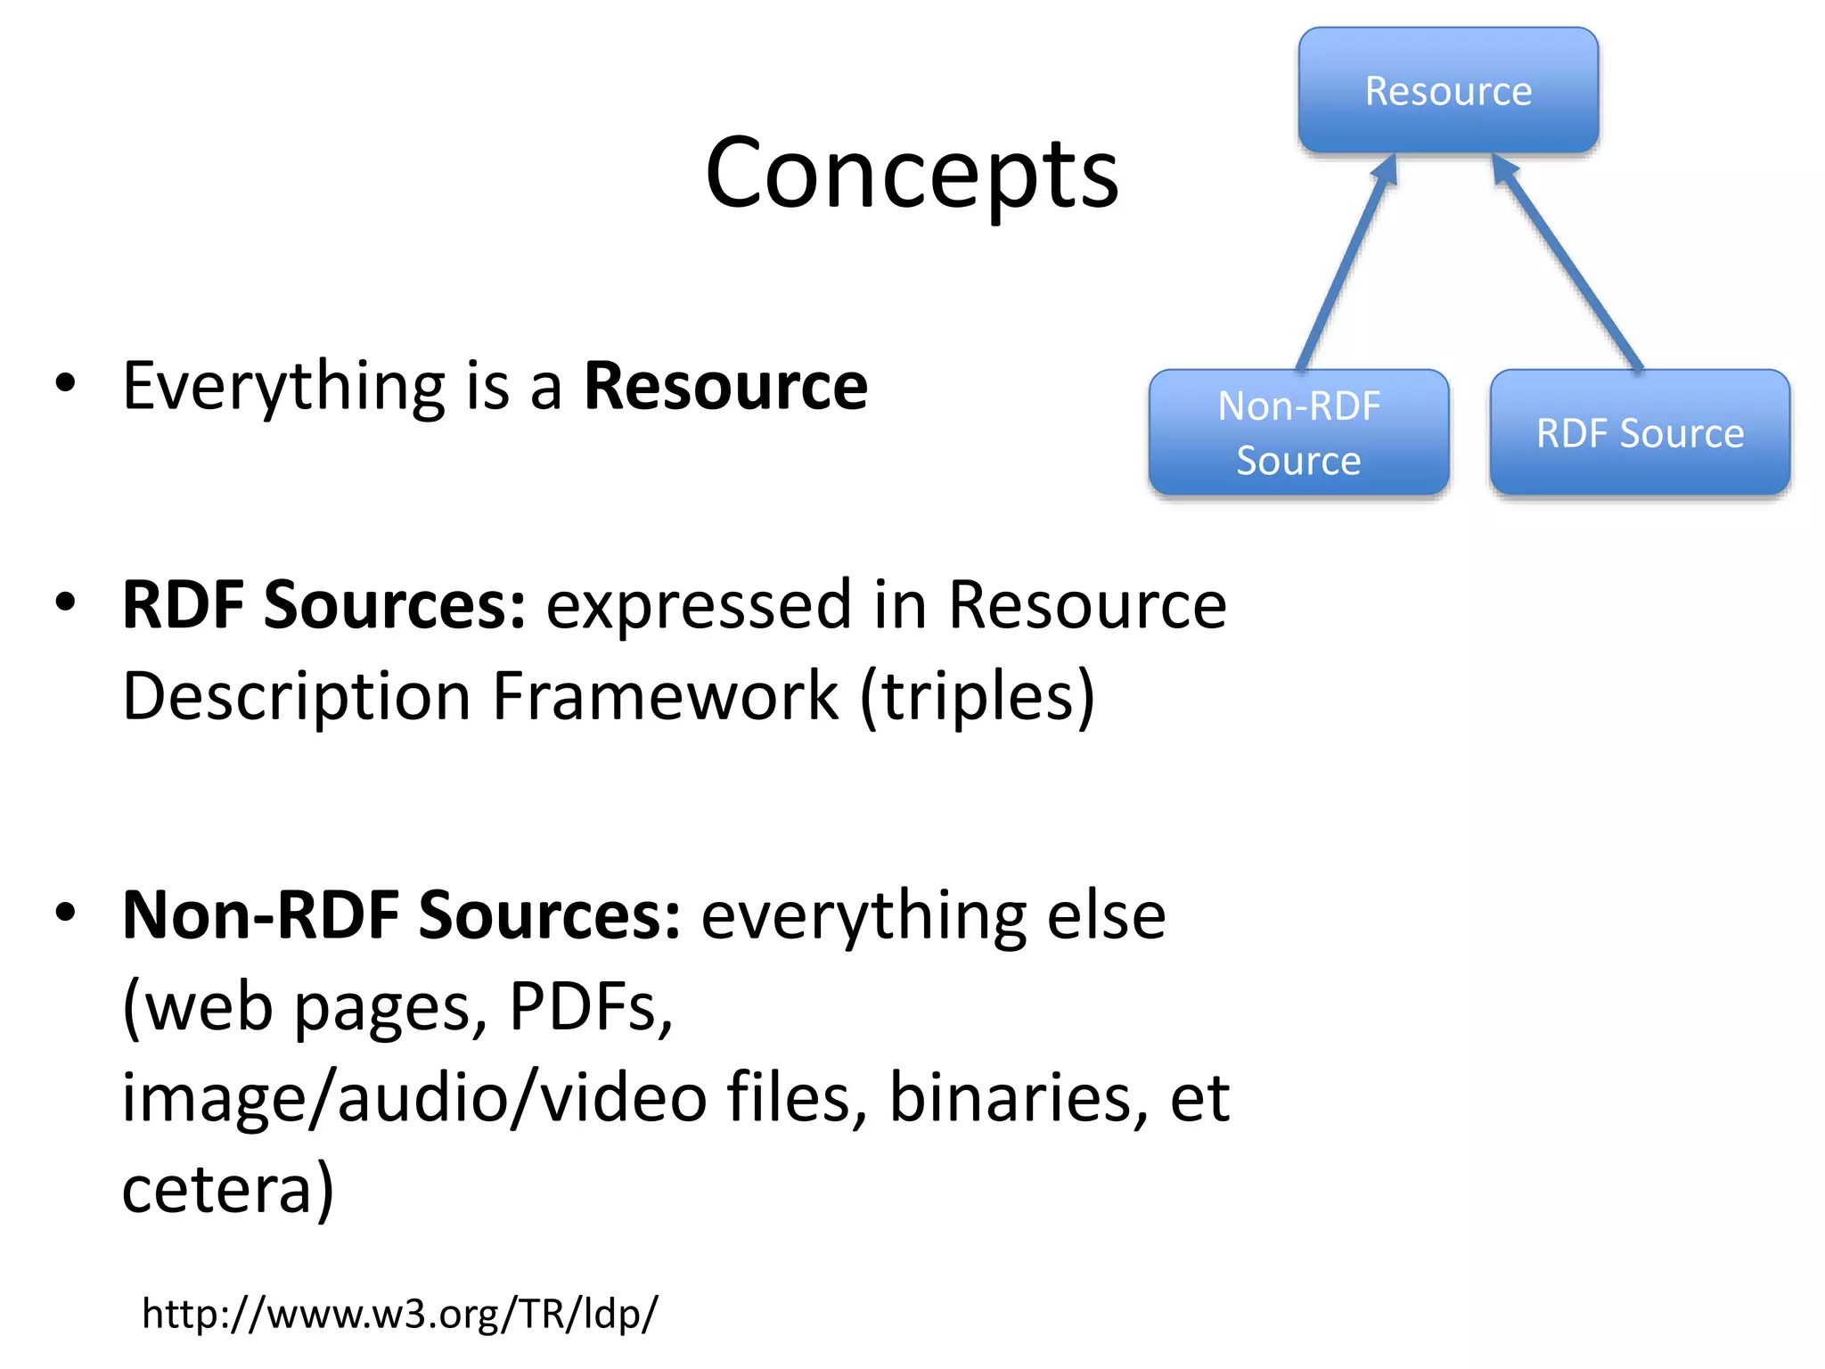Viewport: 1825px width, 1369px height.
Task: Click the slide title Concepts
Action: (912, 174)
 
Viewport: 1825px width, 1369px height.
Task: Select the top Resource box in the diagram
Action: (1448, 90)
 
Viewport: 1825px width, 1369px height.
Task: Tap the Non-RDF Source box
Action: (1298, 432)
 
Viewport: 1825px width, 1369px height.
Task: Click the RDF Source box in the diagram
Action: (1640, 432)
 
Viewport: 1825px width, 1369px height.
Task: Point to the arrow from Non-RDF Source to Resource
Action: (1346, 263)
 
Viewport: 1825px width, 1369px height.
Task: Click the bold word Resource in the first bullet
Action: (725, 386)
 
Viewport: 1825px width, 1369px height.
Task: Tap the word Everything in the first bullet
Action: (283, 388)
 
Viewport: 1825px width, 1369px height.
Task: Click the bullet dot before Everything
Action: (66, 384)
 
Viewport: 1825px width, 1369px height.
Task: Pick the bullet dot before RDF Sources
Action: (66, 603)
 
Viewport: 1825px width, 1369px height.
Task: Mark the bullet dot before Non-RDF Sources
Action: (66, 913)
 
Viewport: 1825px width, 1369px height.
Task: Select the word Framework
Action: (665, 696)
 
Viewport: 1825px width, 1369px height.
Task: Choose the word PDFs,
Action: (591, 1007)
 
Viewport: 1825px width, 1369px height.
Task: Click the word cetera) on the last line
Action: (228, 1189)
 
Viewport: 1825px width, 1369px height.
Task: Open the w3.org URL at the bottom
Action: (399, 1314)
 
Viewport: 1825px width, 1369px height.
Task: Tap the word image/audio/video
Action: (414, 1099)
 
